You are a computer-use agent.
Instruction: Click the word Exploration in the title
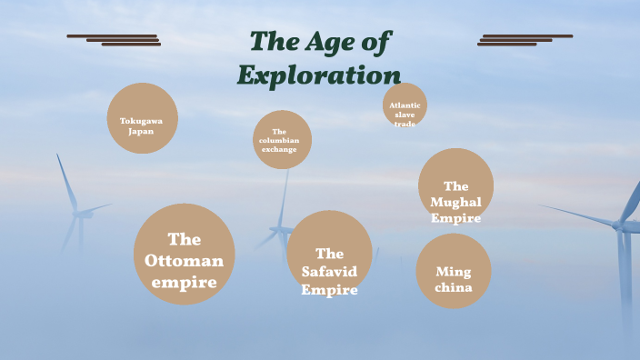tap(319, 75)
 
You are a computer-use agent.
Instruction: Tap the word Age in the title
tap(325, 41)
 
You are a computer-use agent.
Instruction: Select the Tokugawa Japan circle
tap(142, 118)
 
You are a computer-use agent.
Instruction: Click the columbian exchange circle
tap(282, 139)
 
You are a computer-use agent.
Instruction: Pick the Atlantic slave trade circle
tap(405, 106)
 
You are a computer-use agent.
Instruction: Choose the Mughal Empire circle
tap(455, 185)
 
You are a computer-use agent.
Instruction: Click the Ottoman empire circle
tap(184, 254)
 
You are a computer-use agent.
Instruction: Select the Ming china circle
tap(454, 271)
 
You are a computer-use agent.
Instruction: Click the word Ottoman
tap(185, 261)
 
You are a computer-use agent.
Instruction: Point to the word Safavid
tap(329, 272)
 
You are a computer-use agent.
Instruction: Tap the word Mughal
tap(456, 202)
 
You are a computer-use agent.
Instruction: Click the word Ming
tap(454, 272)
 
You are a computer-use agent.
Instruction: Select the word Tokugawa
tap(141, 121)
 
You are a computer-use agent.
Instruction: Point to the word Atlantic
tap(405, 105)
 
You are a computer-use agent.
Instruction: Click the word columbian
tap(279, 140)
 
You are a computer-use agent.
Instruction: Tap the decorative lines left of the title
tap(115, 39)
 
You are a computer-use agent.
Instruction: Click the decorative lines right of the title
tap(525, 39)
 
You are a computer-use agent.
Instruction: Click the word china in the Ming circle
tap(454, 288)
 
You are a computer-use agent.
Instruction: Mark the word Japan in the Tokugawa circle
tap(141, 131)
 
